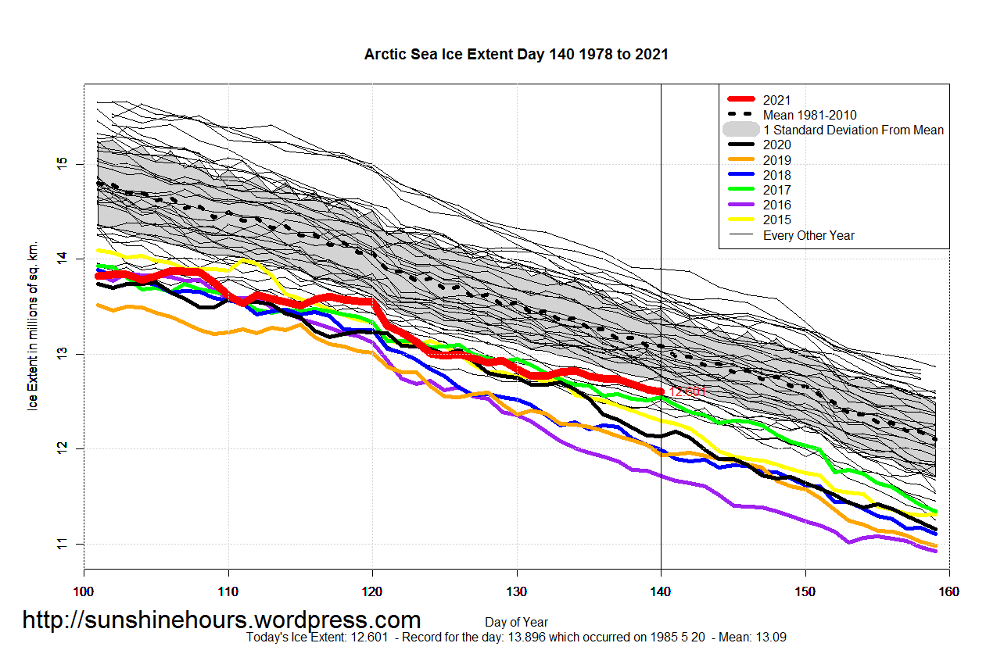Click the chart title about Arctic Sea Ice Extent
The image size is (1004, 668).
[x=516, y=55]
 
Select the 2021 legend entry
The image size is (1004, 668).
[x=777, y=100]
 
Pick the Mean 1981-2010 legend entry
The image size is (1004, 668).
[x=816, y=115]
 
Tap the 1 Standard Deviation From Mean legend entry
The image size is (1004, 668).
[x=853, y=130]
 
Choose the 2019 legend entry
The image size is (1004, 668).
[x=777, y=160]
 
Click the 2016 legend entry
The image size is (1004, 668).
[x=777, y=205]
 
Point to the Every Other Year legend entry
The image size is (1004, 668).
[x=809, y=235]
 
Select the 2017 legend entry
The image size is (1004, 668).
[x=777, y=190]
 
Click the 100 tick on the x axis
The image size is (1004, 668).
[x=84, y=591]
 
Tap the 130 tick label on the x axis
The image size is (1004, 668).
[x=516, y=591]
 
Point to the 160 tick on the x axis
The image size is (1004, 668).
[x=948, y=591]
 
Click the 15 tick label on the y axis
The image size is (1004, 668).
[x=61, y=164]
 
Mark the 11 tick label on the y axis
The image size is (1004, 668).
[x=61, y=544]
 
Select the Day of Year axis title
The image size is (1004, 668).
[x=516, y=623]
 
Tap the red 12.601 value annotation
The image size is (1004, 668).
[x=688, y=392]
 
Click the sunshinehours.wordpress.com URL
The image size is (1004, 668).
[x=221, y=620]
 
